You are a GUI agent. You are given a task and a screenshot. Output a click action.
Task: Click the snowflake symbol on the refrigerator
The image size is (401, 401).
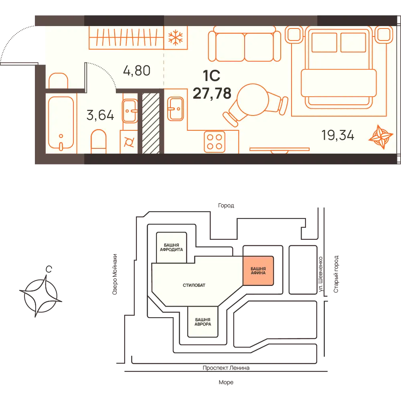click(x=176, y=37)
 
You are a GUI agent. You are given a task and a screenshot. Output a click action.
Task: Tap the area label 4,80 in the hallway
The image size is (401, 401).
click(x=137, y=71)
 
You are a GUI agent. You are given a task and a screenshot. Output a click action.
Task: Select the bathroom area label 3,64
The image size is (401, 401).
click(x=100, y=115)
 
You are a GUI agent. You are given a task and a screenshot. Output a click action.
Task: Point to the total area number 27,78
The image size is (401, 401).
click(x=212, y=93)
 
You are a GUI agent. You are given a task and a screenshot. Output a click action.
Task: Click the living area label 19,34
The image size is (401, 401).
click(x=338, y=135)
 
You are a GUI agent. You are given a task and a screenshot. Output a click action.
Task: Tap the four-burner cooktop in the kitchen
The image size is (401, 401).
click(x=215, y=142)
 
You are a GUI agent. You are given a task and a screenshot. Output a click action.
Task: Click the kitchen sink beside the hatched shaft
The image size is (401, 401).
click(x=176, y=109)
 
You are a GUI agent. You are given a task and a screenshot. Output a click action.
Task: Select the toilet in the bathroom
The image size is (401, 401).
click(x=99, y=142)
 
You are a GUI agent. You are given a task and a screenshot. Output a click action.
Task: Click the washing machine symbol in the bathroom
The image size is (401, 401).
click(x=129, y=142)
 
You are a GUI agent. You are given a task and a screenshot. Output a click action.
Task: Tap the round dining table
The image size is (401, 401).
click(x=253, y=99)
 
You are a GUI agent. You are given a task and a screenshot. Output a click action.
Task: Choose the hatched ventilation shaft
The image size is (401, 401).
click(x=151, y=123)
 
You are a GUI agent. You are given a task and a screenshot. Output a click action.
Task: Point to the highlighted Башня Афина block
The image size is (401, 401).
click(x=258, y=271)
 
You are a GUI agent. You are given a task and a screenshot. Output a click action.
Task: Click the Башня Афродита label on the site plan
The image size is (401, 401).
click(x=171, y=247)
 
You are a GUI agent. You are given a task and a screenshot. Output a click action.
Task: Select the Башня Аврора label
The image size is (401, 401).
click(x=203, y=322)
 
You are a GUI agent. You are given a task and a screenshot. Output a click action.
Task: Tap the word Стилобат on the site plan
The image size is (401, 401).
click(x=194, y=285)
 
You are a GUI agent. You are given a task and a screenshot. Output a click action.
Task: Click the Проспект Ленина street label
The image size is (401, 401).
click(x=226, y=368)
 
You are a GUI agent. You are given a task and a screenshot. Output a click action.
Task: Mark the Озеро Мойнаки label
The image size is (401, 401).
click(x=115, y=274)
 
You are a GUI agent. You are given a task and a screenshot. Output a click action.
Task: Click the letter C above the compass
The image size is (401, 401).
click(x=49, y=269)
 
